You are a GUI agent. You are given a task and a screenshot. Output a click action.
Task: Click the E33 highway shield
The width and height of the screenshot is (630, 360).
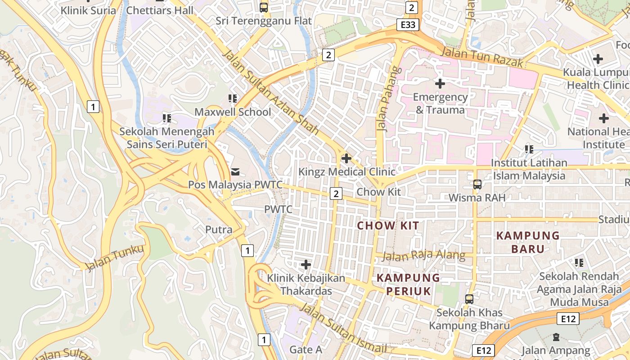click(x=408, y=25)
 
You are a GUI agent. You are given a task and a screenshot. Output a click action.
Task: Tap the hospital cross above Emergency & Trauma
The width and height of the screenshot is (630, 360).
click(x=440, y=83)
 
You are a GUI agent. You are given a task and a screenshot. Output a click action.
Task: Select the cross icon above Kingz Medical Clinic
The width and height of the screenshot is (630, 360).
click(x=346, y=158)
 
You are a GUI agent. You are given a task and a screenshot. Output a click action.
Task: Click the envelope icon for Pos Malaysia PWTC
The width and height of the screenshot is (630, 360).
click(x=235, y=171)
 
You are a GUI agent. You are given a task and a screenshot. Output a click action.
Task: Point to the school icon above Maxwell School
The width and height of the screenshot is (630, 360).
click(x=233, y=98)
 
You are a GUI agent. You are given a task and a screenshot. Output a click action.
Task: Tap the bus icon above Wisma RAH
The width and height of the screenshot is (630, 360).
click(x=477, y=184)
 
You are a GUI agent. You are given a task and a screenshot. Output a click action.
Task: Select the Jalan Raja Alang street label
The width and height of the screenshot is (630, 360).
click(x=424, y=256)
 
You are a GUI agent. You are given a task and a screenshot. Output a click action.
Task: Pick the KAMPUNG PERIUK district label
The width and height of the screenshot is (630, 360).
click(x=409, y=284)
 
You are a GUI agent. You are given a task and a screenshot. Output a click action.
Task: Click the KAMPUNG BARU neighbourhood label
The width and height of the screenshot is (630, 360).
click(x=528, y=242)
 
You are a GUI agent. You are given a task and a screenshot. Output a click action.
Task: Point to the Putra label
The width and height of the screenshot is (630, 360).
click(x=219, y=229)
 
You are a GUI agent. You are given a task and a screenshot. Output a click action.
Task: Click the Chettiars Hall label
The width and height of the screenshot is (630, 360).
click(x=160, y=10)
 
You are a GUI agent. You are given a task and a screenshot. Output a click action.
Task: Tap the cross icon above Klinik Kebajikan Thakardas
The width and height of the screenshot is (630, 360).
click(x=306, y=265)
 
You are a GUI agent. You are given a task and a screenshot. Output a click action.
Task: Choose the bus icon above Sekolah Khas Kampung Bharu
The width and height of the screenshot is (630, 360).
click(x=469, y=299)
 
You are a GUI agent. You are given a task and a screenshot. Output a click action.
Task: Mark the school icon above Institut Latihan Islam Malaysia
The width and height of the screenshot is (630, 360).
click(x=529, y=149)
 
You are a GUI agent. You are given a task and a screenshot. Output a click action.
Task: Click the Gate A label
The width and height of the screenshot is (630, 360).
click(x=306, y=350)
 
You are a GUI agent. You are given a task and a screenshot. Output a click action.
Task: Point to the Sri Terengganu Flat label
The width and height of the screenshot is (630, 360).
click(x=264, y=21)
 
